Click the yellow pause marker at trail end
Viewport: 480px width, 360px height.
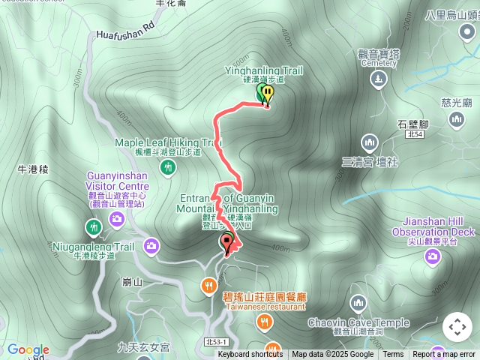[x=267, y=93]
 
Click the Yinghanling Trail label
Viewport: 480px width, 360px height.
[x=264, y=70]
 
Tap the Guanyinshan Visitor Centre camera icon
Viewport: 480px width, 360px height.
[x=116, y=218]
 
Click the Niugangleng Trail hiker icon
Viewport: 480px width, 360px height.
[x=92, y=226]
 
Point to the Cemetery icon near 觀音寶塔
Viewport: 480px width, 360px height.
[x=379, y=79]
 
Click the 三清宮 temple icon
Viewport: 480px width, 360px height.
[x=368, y=141]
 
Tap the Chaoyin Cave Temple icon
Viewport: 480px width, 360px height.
[x=358, y=302]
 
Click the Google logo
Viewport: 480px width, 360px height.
[x=28, y=349]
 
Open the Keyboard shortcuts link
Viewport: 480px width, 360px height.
[x=250, y=355]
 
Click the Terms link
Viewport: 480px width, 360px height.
[x=393, y=355]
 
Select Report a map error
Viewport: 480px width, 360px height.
[x=444, y=355]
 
